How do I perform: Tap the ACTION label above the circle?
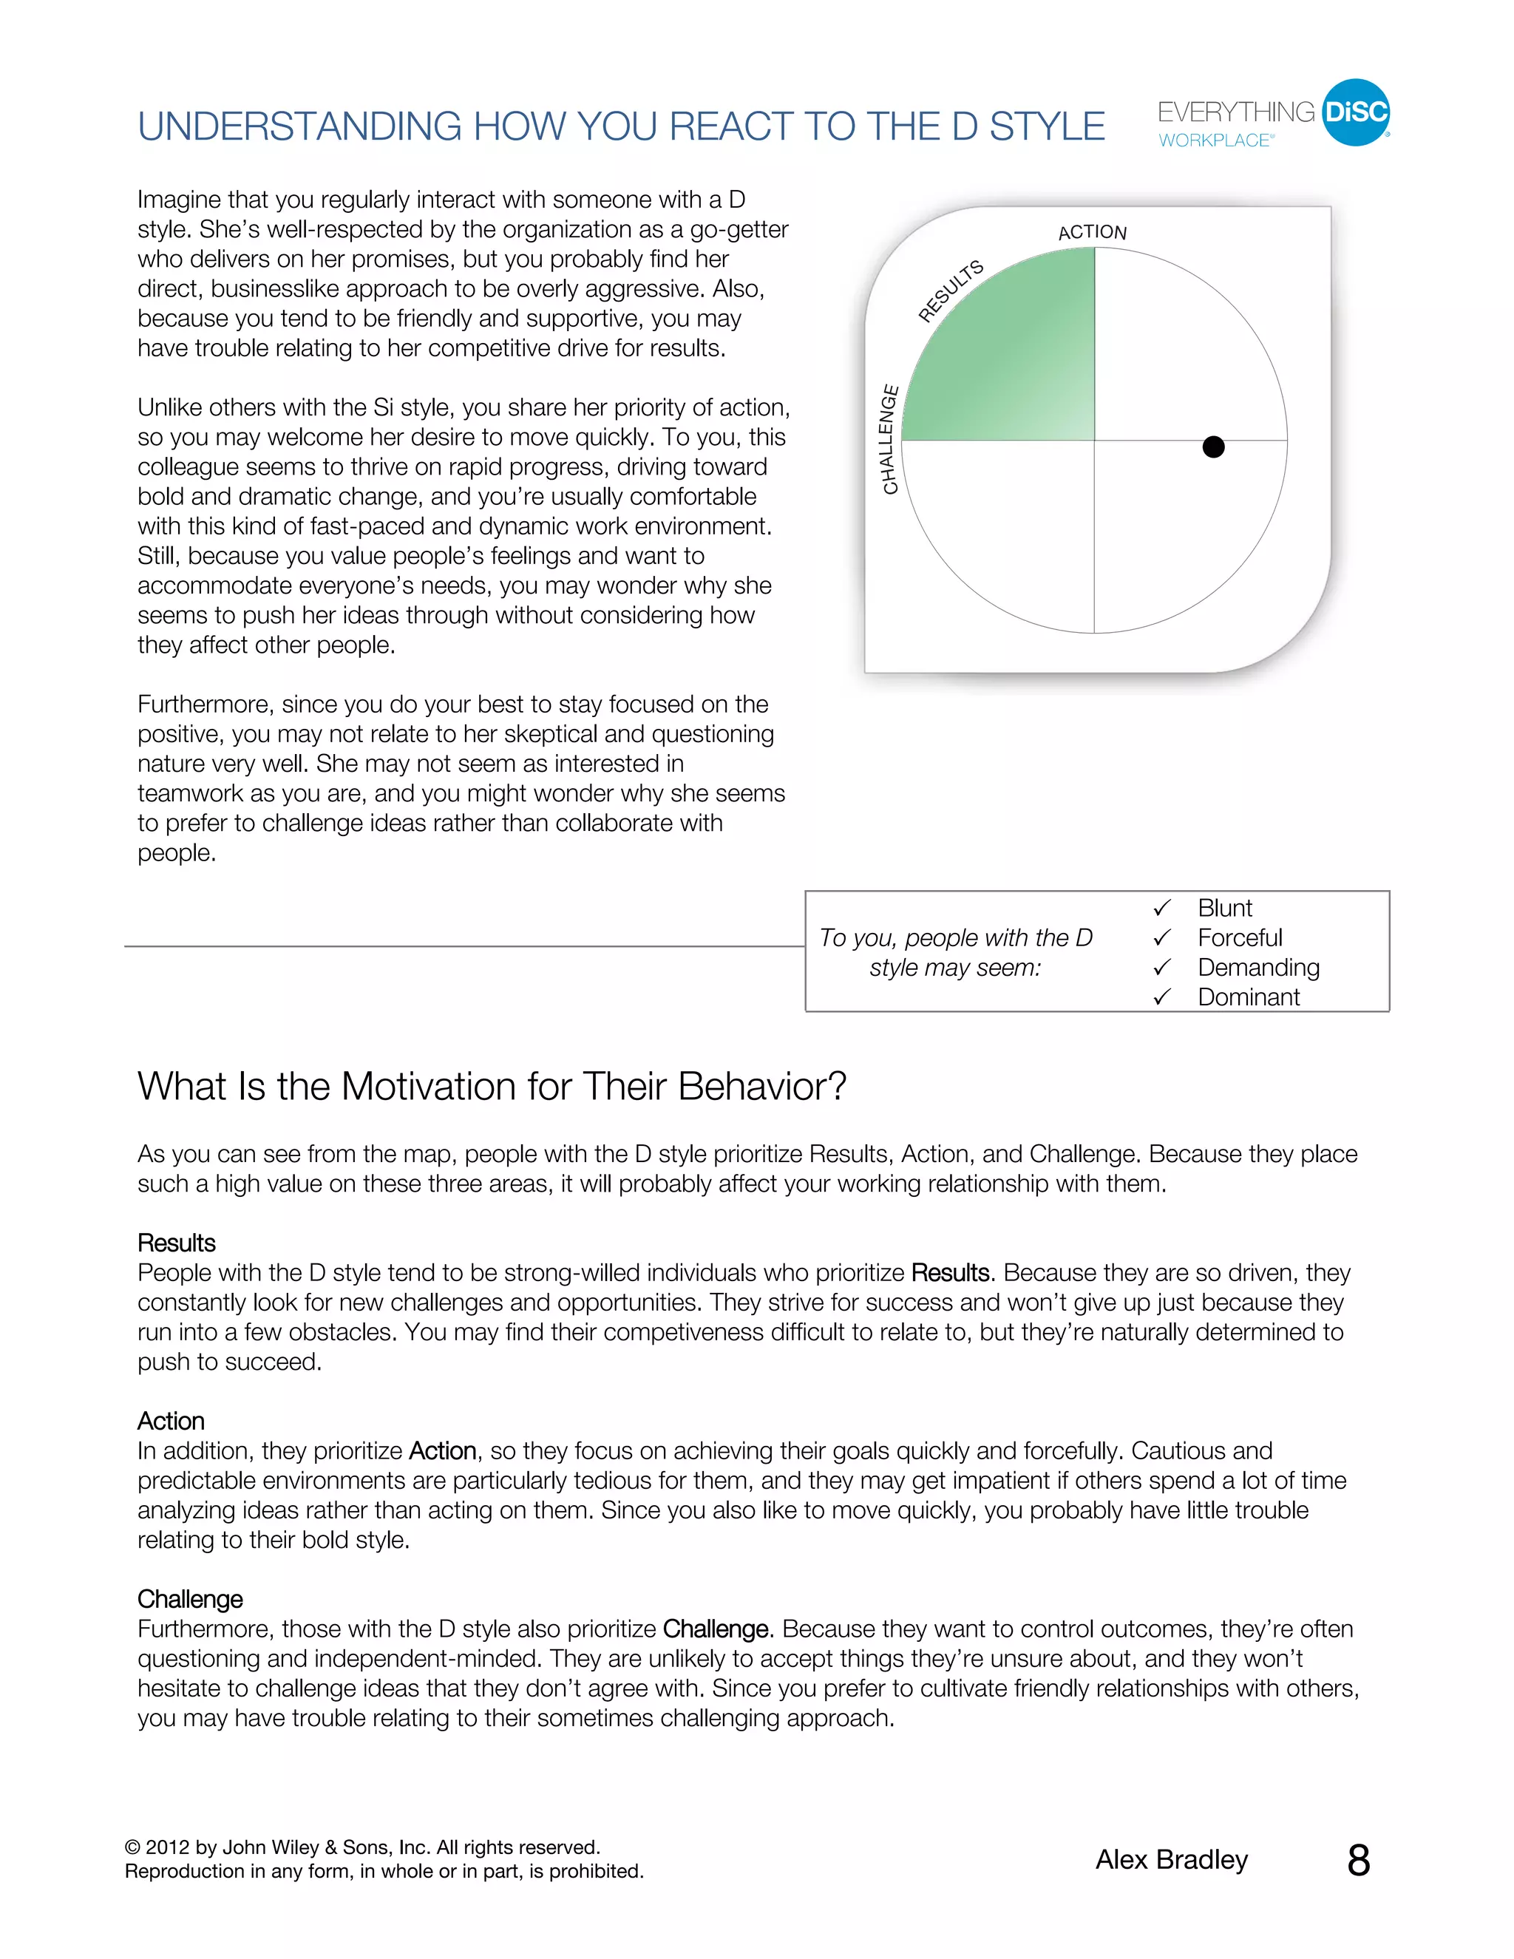1092,232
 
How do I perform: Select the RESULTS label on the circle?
951,291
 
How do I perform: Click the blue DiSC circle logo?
1355,112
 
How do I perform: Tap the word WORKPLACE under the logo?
1215,140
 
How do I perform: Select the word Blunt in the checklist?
1224,908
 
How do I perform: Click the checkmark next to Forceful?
1161,938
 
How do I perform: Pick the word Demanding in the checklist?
1257,967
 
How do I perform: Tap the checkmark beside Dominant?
1161,997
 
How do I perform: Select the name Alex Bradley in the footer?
1172,1859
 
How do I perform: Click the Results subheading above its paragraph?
177,1243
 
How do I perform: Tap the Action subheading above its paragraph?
171,1421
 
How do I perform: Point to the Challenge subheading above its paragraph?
190,1598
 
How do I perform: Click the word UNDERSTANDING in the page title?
299,126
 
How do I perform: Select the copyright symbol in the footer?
133,1848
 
